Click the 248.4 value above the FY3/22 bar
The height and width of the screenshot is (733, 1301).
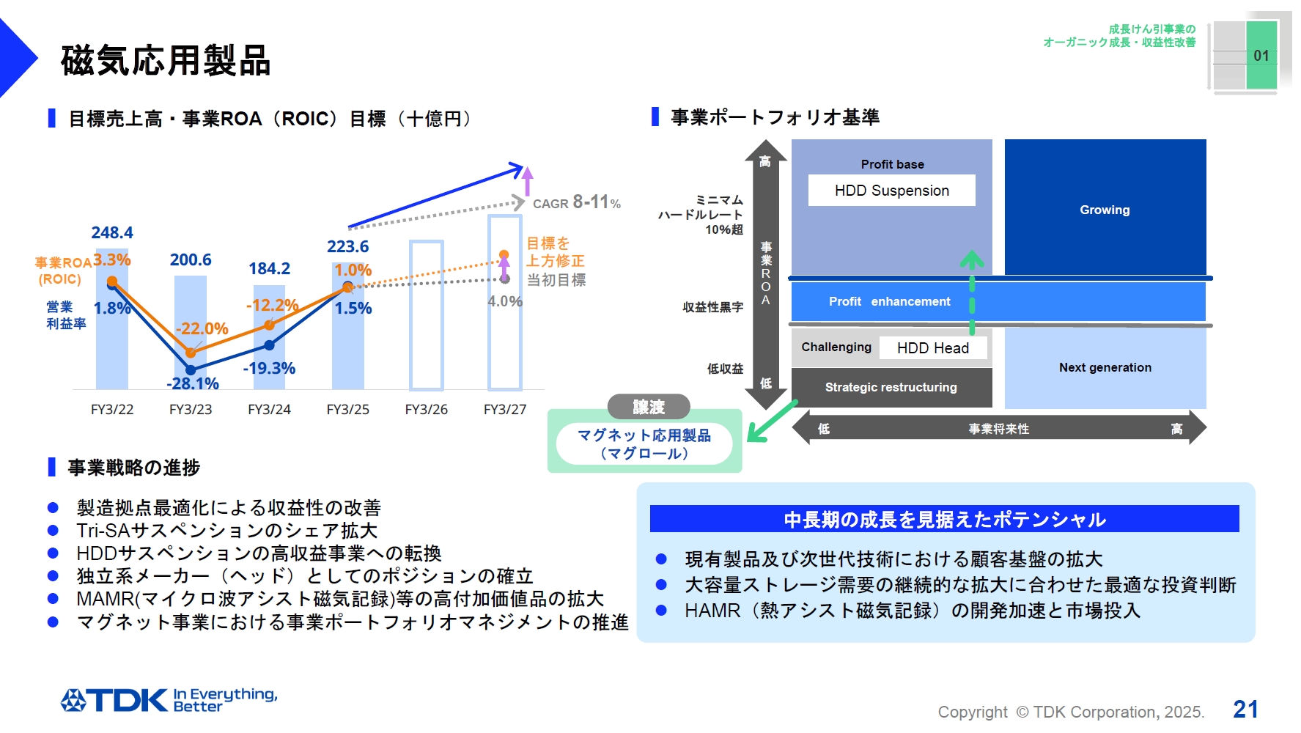[x=112, y=233]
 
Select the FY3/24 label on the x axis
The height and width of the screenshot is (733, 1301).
[x=269, y=410]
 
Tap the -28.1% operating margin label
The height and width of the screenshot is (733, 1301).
[x=192, y=383]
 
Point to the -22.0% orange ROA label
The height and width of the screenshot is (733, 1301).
[x=202, y=328]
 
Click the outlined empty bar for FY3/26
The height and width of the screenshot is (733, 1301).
[x=427, y=315]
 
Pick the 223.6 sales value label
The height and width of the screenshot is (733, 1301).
[x=347, y=247]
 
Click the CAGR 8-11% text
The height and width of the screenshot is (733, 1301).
[x=577, y=202]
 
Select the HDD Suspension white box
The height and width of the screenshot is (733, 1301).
[x=891, y=191]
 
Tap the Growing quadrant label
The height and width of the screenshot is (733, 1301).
[x=1105, y=210]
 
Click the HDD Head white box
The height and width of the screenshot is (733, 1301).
[x=932, y=348]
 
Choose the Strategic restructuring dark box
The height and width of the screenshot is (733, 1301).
[x=891, y=387]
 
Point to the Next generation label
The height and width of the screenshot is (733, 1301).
[x=1105, y=367]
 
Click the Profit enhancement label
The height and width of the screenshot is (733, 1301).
[x=889, y=301]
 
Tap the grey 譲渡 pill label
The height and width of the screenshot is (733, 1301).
[x=649, y=407]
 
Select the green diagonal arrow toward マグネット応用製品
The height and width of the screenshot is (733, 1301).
[x=771, y=422]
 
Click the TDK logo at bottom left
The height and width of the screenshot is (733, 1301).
[x=114, y=700]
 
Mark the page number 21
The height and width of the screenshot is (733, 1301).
[x=1245, y=709]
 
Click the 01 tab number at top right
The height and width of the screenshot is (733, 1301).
[x=1261, y=56]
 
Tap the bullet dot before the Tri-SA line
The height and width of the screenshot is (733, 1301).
[x=53, y=531]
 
